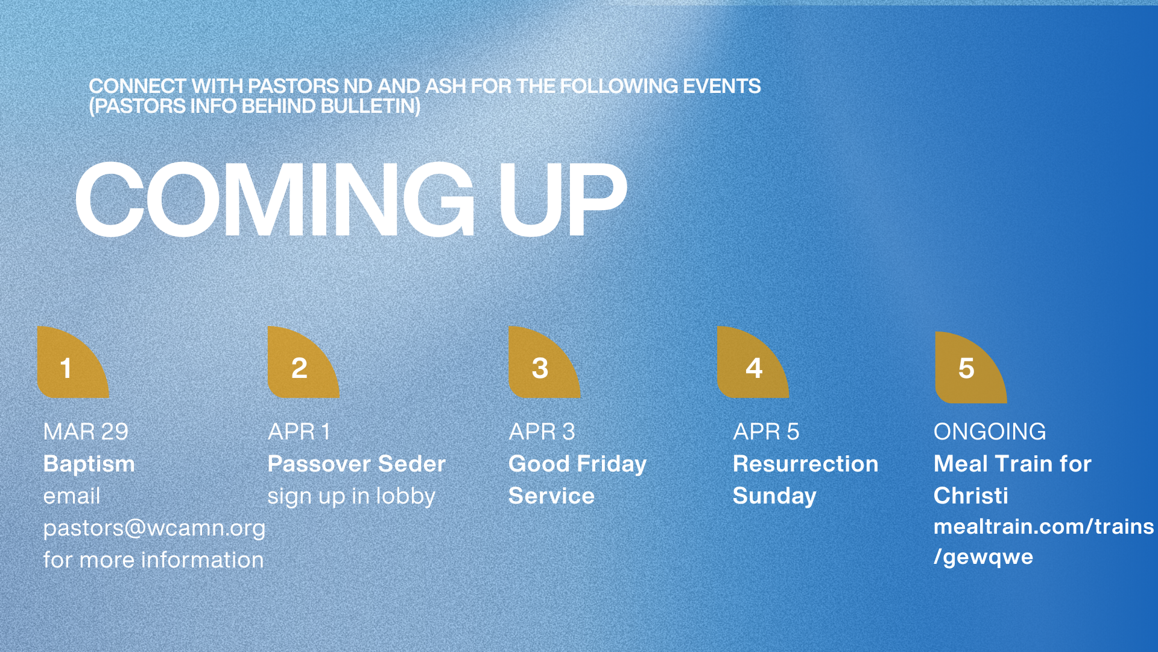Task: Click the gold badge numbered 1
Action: (73, 362)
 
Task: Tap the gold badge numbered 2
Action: (303, 362)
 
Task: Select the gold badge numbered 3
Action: (545, 362)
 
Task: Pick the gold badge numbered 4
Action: (753, 362)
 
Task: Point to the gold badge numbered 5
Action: (971, 368)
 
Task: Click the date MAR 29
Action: (86, 432)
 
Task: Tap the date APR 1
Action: (299, 432)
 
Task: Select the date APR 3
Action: (542, 432)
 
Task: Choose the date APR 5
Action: (766, 432)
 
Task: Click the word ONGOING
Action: (990, 432)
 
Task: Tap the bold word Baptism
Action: (89, 464)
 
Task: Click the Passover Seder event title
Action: (356, 464)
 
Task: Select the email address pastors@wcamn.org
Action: (154, 528)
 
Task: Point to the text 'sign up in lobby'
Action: (351, 496)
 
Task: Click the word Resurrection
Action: (806, 464)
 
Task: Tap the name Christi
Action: (971, 496)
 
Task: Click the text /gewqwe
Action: (984, 557)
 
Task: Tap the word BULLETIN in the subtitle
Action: (370, 106)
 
